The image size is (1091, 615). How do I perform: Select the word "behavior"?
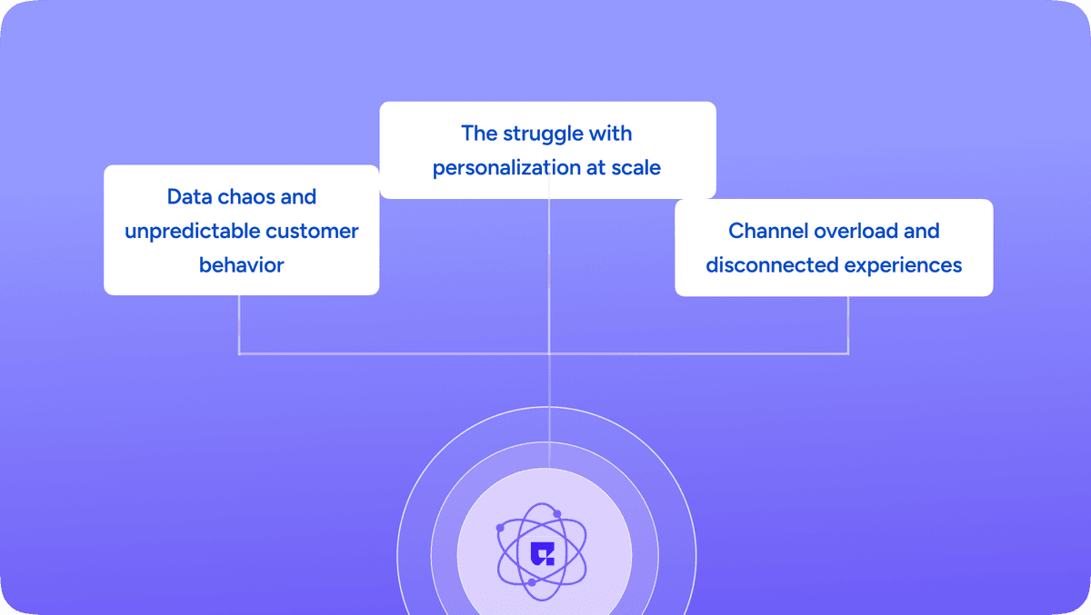pyautogui.click(x=242, y=265)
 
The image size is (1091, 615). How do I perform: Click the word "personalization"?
pyautogui.click(x=506, y=168)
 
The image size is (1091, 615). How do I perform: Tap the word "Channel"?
pyautogui.click(x=768, y=231)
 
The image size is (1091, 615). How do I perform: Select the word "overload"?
pyautogui.click(x=856, y=231)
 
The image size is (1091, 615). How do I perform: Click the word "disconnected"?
pyautogui.click(x=772, y=265)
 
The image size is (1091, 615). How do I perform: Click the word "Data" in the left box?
pyautogui.click(x=189, y=197)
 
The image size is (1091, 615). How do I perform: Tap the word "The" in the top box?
pyautogui.click(x=479, y=134)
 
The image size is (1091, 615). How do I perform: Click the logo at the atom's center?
pyautogui.click(x=542, y=554)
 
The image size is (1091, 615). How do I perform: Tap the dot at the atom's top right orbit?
pyautogui.click(x=557, y=514)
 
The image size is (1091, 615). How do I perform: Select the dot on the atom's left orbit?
pyautogui.click(x=500, y=528)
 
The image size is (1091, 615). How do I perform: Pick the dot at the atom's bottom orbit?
pyautogui.click(x=532, y=582)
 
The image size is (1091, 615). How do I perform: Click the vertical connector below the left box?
pyautogui.click(x=239, y=324)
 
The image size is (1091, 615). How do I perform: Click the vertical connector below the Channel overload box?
pyautogui.click(x=848, y=325)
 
